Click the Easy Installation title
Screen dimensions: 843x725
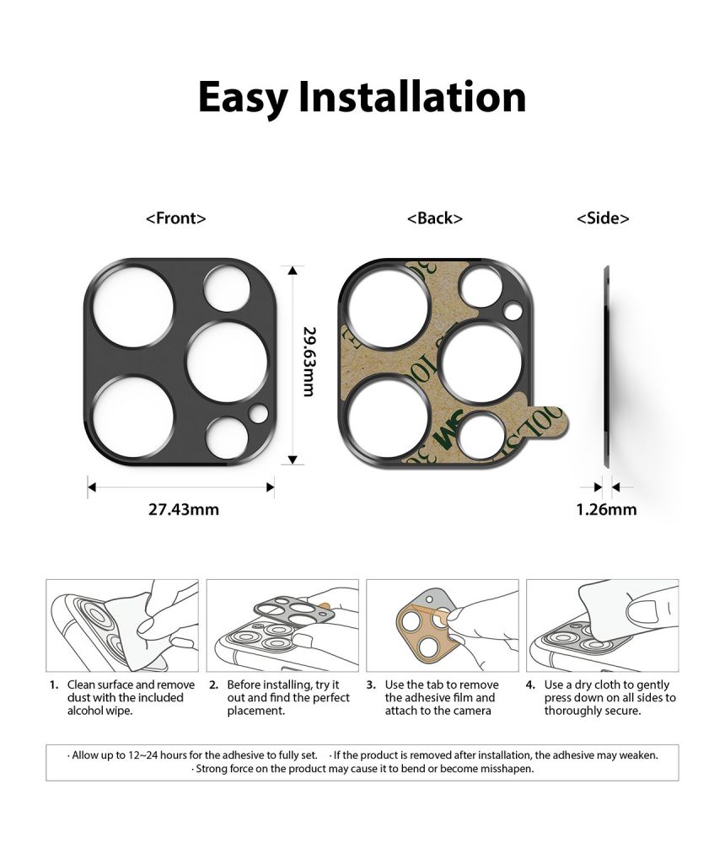[x=362, y=98]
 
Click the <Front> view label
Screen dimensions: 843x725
[x=175, y=218]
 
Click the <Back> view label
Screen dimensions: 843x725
[x=434, y=218]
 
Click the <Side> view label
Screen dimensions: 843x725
[x=603, y=218]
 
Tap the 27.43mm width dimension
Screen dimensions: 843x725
[x=183, y=509]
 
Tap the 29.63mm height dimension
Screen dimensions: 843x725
[x=309, y=363]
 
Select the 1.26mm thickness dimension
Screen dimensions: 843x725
[x=606, y=509]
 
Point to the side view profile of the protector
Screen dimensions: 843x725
[x=607, y=364]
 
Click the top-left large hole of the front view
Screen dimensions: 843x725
[x=134, y=308]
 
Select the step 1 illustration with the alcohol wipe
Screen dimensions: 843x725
[x=122, y=625]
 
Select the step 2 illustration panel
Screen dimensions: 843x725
[x=282, y=625]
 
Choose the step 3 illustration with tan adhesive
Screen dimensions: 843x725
[x=443, y=625]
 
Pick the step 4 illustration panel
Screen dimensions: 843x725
[x=602, y=625]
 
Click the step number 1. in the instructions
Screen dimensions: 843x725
[x=53, y=685]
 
